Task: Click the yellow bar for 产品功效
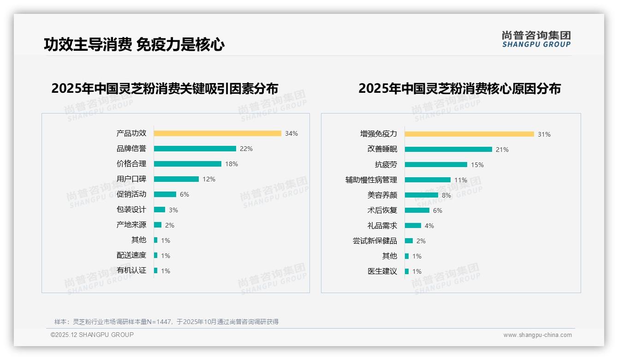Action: click(217, 133)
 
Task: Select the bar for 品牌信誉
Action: click(195, 149)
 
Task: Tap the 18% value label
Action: click(232, 164)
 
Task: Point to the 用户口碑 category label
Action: click(131, 179)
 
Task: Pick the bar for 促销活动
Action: click(165, 194)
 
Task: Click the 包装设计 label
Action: click(131, 210)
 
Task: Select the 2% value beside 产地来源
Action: click(170, 225)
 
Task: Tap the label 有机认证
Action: click(131, 270)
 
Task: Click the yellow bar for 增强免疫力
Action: click(469, 134)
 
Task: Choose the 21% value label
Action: click(502, 150)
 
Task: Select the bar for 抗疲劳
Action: click(436, 164)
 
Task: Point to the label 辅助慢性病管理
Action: click(371, 180)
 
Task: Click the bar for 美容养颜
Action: click(421, 195)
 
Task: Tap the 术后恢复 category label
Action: click(382, 210)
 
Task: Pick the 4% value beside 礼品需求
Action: click(429, 226)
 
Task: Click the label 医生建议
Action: click(382, 271)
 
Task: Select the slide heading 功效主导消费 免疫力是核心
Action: click(134, 44)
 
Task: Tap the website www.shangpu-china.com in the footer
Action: click(537, 335)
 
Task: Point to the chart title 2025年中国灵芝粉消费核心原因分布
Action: click(459, 88)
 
